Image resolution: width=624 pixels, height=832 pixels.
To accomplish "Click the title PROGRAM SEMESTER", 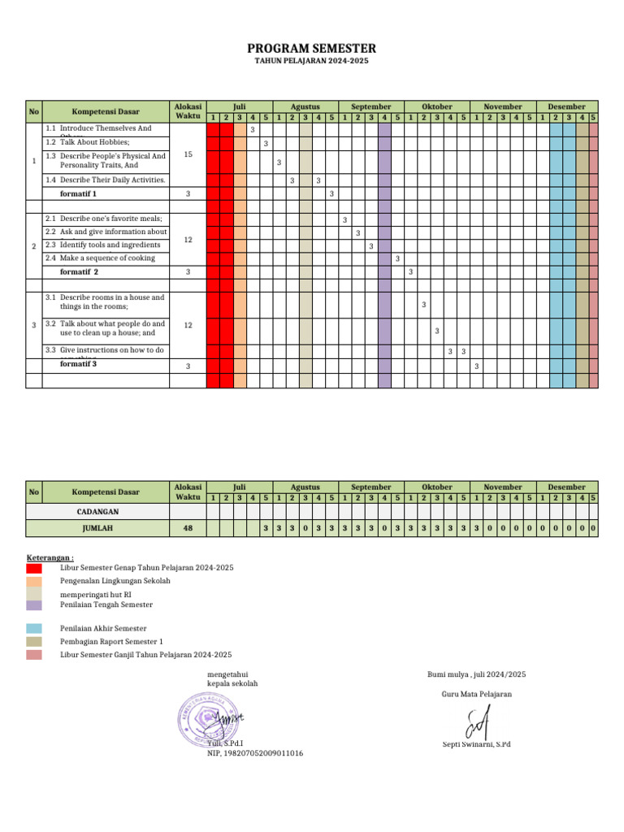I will tap(312, 49).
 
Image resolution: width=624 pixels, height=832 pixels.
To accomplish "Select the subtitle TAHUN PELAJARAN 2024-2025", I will tap(312, 62).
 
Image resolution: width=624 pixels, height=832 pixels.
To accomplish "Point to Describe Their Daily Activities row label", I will tap(105, 180).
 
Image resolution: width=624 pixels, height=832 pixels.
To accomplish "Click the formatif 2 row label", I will tap(79, 271).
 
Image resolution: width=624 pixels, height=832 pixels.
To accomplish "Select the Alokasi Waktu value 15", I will tap(188, 154).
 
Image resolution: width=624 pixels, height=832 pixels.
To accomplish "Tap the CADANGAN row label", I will tap(97, 512).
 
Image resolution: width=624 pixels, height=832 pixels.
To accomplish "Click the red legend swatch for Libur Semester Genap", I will tap(33, 568).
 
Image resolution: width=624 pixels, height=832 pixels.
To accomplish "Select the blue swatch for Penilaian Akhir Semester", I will tap(33, 628).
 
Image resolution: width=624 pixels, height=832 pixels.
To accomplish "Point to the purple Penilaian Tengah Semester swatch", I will tap(33, 604).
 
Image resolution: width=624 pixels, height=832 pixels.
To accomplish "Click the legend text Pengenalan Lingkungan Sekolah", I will tap(115, 581).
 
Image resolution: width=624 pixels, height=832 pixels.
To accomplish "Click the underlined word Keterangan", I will tap(50, 558).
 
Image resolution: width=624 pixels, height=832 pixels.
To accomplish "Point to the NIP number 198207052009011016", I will tap(255, 753).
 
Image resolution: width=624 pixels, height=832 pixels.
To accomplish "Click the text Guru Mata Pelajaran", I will tap(477, 694).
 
